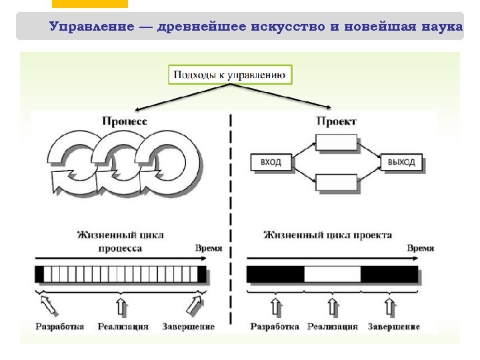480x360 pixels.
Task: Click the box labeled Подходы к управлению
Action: (x=230, y=74)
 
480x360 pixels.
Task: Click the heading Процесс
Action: (x=125, y=121)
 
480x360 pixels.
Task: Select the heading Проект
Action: (x=336, y=121)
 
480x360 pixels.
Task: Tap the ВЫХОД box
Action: (x=401, y=162)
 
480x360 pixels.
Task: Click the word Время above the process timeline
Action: (x=209, y=248)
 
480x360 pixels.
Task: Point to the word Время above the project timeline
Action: (x=420, y=248)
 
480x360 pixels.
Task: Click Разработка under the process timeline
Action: (x=59, y=327)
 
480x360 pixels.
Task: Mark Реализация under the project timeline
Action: (x=333, y=327)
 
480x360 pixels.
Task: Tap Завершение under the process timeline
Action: (x=189, y=327)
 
